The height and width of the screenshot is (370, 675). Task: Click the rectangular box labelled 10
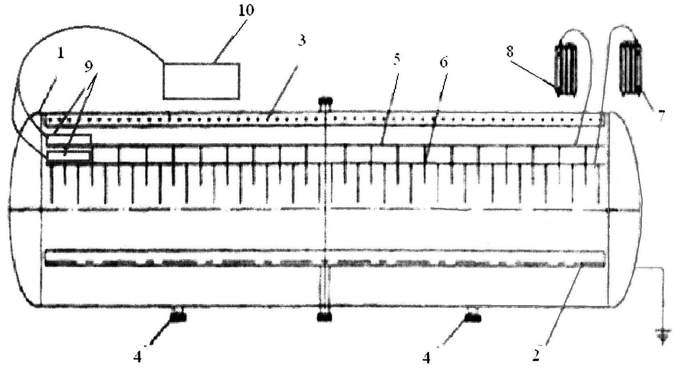tap(201, 81)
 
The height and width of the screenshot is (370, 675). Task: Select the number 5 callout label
tap(396, 59)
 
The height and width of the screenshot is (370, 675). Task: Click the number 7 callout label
tap(660, 116)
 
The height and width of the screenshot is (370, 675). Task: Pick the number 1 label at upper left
tap(61, 53)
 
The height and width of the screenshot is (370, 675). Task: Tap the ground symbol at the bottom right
tap(662, 336)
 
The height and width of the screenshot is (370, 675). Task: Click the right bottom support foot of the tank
tap(472, 316)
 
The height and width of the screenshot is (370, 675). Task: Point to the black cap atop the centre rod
tap(325, 101)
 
